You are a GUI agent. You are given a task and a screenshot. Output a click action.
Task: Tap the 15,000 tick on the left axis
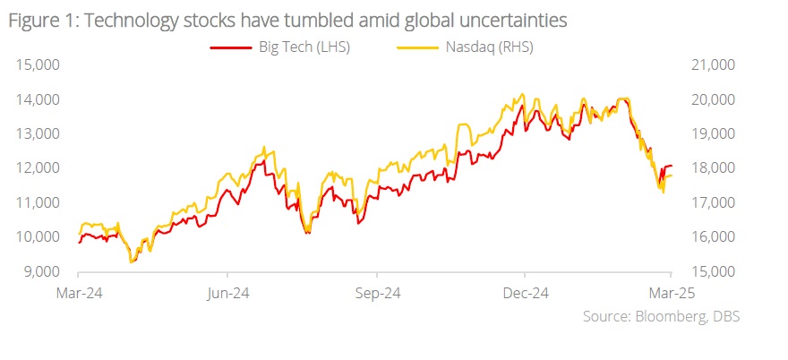tap(35, 64)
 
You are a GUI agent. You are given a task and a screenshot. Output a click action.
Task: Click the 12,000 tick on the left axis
tap(35, 167)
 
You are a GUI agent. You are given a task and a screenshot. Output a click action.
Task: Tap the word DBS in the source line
tap(724, 316)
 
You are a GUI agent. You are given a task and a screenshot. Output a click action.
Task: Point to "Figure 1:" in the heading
tap(39, 20)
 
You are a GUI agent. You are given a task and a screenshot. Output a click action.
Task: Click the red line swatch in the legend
tap(228, 48)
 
